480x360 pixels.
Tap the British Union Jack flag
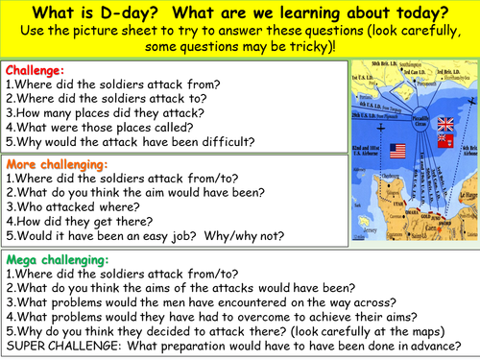[x=444, y=125]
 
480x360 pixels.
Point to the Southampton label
[x=414, y=64]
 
